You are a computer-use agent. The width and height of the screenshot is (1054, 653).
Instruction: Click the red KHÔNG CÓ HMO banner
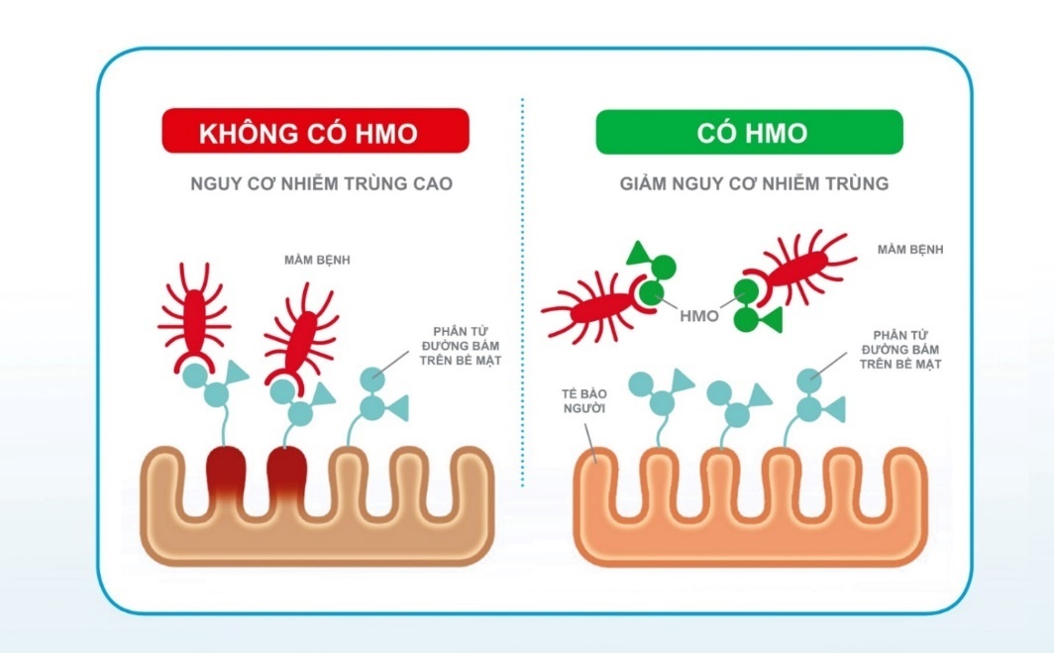(x=315, y=131)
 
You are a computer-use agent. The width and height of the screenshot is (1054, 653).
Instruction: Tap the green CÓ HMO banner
(x=750, y=132)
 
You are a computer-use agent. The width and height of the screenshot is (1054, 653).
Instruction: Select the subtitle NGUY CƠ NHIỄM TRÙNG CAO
(x=321, y=183)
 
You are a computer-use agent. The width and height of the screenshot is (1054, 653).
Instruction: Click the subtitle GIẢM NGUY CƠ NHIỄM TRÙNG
(x=754, y=183)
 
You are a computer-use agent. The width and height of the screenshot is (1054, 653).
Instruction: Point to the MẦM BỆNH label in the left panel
(x=317, y=260)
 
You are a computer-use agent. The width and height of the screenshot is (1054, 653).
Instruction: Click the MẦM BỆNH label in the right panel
(x=910, y=250)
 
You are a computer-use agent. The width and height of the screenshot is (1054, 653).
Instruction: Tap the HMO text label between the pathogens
(x=699, y=316)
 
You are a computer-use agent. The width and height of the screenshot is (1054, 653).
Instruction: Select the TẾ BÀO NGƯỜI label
(x=584, y=400)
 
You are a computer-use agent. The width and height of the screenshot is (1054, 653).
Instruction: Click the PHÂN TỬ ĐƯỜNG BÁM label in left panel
(x=461, y=346)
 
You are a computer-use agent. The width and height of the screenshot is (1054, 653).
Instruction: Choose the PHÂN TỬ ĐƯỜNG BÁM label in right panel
(x=900, y=350)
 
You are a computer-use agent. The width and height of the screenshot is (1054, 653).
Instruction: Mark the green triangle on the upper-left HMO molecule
(x=639, y=253)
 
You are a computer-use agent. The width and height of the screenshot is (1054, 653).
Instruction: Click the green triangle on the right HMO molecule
(x=771, y=319)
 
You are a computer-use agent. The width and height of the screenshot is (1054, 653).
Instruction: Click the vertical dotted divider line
(x=522, y=292)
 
